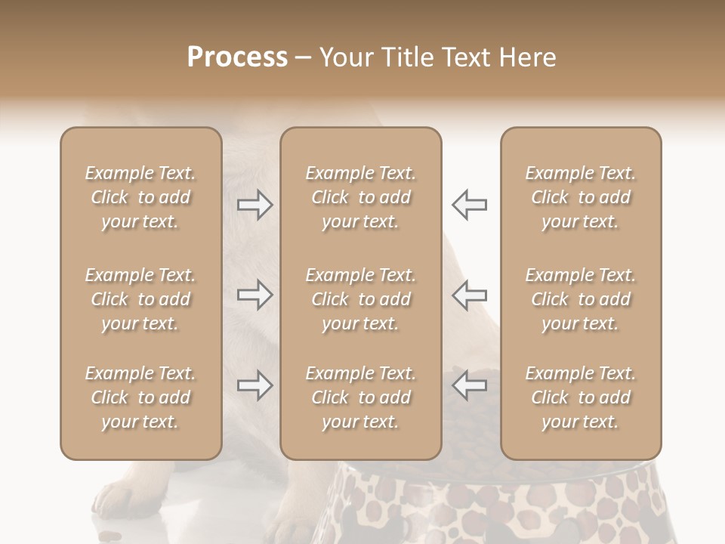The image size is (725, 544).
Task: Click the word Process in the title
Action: pyautogui.click(x=237, y=57)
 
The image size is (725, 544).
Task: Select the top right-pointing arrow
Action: pyautogui.click(x=255, y=205)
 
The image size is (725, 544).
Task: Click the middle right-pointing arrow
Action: pyautogui.click(x=255, y=295)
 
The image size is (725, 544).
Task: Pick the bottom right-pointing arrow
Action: pyautogui.click(x=255, y=385)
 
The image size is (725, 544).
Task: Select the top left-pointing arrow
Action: pyautogui.click(x=469, y=205)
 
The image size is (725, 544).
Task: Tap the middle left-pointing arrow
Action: pyautogui.click(x=469, y=295)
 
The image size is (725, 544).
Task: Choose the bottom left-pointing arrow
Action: pyautogui.click(x=469, y=385)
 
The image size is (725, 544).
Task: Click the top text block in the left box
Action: pyautogui.click(x=140, y=197)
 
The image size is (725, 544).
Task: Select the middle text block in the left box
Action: pyautogui.click(x=140, y=299)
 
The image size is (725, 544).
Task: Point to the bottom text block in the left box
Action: pyautogui.click(x=140, y=397)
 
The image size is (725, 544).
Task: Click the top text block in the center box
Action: pyautogui.click(x=360, y=197)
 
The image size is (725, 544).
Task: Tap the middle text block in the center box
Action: pyautogui.click(x=360, y=299)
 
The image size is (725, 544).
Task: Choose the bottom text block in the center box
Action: pyautogui.click(x=360, y=397)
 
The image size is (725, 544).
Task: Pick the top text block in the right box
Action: pyautogui.click(x=580, y=197)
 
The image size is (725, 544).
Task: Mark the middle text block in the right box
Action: pyautogui.click(x=580, y=299)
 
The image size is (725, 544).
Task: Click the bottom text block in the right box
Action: pyautogui.click(x=580, y=397)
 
